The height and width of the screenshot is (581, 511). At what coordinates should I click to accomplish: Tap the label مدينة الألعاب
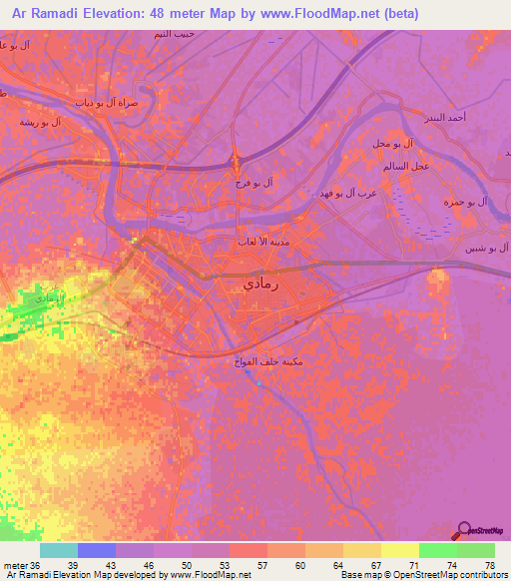tap(262, 241)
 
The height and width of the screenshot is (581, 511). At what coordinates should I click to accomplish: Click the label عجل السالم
tap(407, 165)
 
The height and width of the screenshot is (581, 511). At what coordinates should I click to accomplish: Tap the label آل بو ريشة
tap(41, 122)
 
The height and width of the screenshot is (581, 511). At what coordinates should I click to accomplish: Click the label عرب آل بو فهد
tap(344, 192)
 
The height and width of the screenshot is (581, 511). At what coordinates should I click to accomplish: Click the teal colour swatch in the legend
tap(59, 550)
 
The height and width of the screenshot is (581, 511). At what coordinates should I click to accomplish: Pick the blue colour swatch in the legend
tap(97, 550)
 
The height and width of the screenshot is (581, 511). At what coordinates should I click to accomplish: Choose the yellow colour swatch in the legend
tap(399, 550)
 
